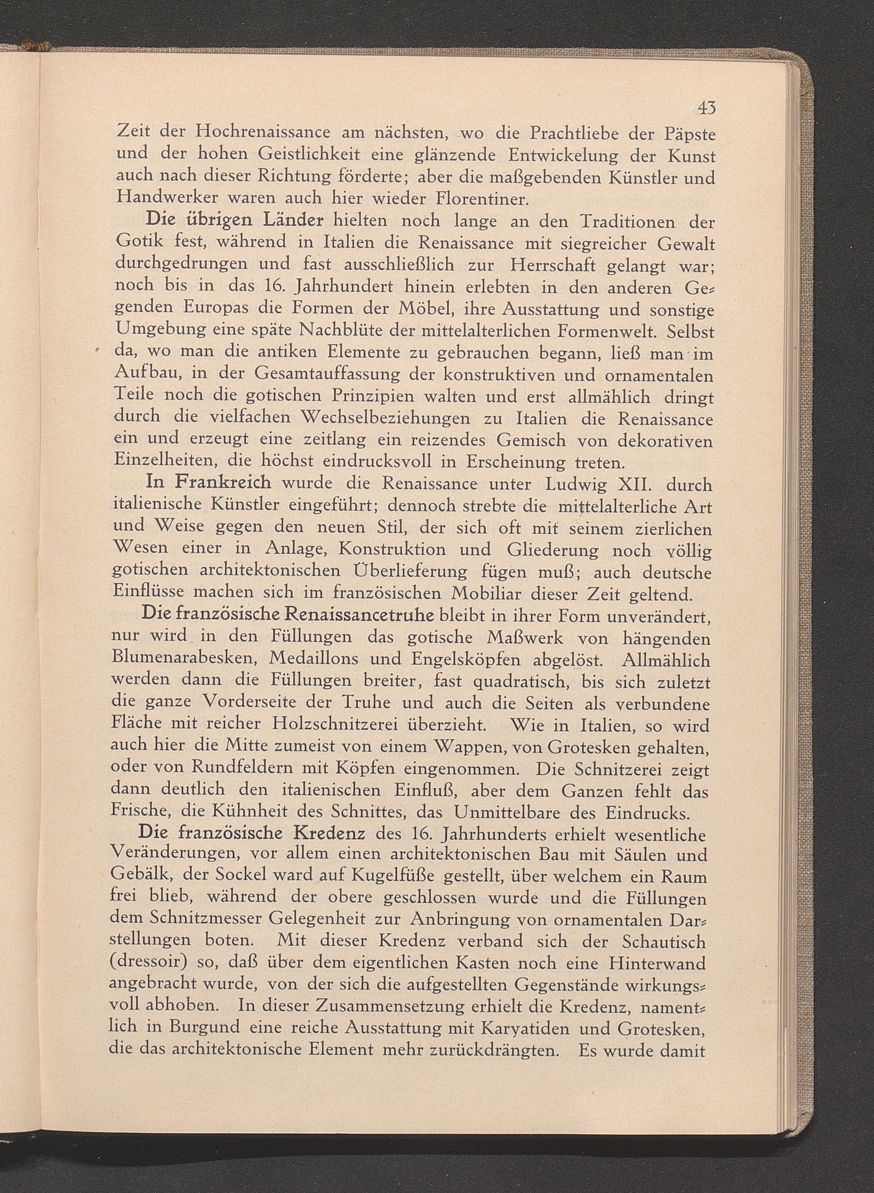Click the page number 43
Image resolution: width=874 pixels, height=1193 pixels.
pos(706,108)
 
